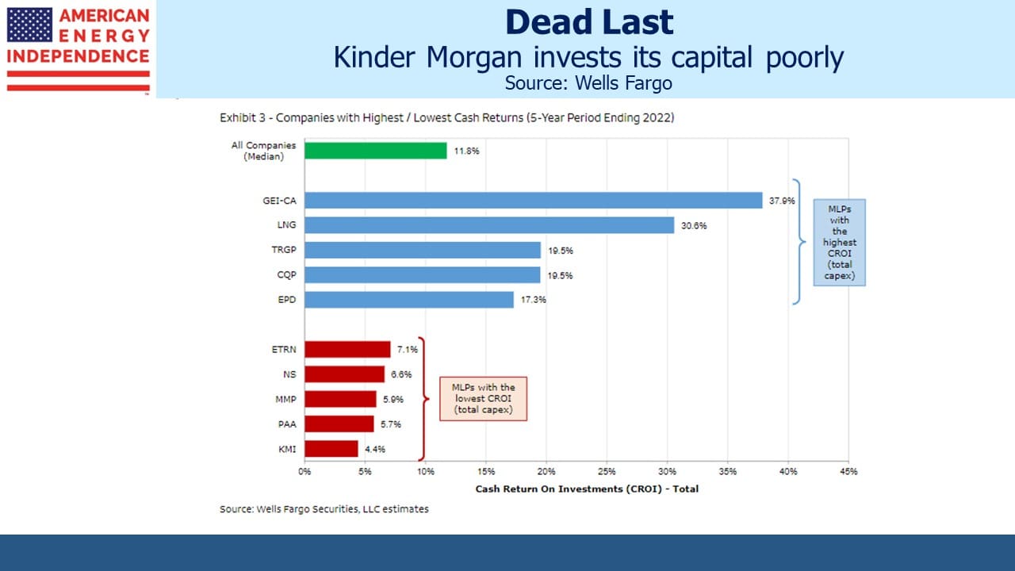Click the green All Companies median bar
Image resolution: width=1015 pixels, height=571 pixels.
pyautogui.click(x=376, y=151)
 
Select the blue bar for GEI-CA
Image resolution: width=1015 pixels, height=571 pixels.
pyautogui.click(x=534, y=201)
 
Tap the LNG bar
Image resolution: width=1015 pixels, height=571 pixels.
pyautogui.click(x=489, y=225)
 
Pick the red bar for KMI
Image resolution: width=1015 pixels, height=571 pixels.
pyautogui.click(x=331, y=449)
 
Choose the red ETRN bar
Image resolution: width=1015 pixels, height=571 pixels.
pyautogui.click(x=347, y=350)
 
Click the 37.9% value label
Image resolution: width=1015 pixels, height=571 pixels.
pyautogui.click(x=782, y=201)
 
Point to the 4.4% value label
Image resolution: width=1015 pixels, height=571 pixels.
pyautogui.click(x=375, y=449)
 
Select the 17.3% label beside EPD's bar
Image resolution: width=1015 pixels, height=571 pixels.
pyautogui.click(x=534, y=300)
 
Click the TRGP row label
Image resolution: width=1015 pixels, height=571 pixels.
pyautogui.click(x=284, y=250)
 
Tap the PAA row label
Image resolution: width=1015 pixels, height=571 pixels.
pyautogui.click(x=287, y=424)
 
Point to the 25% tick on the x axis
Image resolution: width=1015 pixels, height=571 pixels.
pyautogui.click(x=607, y=471)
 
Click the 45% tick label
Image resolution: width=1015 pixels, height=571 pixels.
pyautogui.click(x=848, y=471)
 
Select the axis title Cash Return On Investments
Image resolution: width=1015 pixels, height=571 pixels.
pyautogui.click(x=587, y=489)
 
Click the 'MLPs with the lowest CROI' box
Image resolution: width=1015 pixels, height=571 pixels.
pyautogui.click(x=483, y=399)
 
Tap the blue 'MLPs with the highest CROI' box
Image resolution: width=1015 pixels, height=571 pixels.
pyautogui.click(x=839, y=243)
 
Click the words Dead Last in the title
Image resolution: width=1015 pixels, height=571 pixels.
pyautogui.click(x=589, y=21)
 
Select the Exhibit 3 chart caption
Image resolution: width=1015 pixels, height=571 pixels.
pyautogui.click(x=446, y=118)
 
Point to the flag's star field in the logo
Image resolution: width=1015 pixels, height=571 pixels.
pyautogui.click(x=29, y=25)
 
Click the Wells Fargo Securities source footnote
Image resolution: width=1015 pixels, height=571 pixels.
pyautogui.click(x=324, y=509)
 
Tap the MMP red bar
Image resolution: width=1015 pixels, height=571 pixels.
pyautogui.click(x=340, y=399)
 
